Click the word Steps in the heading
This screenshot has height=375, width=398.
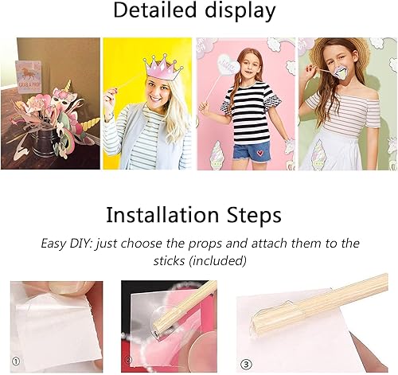click(x=253, y=215)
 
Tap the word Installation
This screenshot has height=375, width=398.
click(x=163, y=215)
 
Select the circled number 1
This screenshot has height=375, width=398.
click(x=16, y=361)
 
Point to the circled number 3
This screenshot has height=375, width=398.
click(x=246, y=365)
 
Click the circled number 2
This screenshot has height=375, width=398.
click(x=129, y=360)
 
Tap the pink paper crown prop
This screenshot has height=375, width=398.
click(x=163, y=68)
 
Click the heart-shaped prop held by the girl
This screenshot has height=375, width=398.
click(x=227, y=65)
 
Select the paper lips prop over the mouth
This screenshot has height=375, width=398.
click(x=339, y=73)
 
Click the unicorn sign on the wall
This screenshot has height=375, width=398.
click(x=29, y=77)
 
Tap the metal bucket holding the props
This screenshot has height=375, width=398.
click(x=45, y=141)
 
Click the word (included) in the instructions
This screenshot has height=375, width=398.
click(x=217, y=260)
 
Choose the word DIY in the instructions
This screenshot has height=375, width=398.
click(x=79, y=244)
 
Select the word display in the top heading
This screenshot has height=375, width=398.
click(x=240, y=11)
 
